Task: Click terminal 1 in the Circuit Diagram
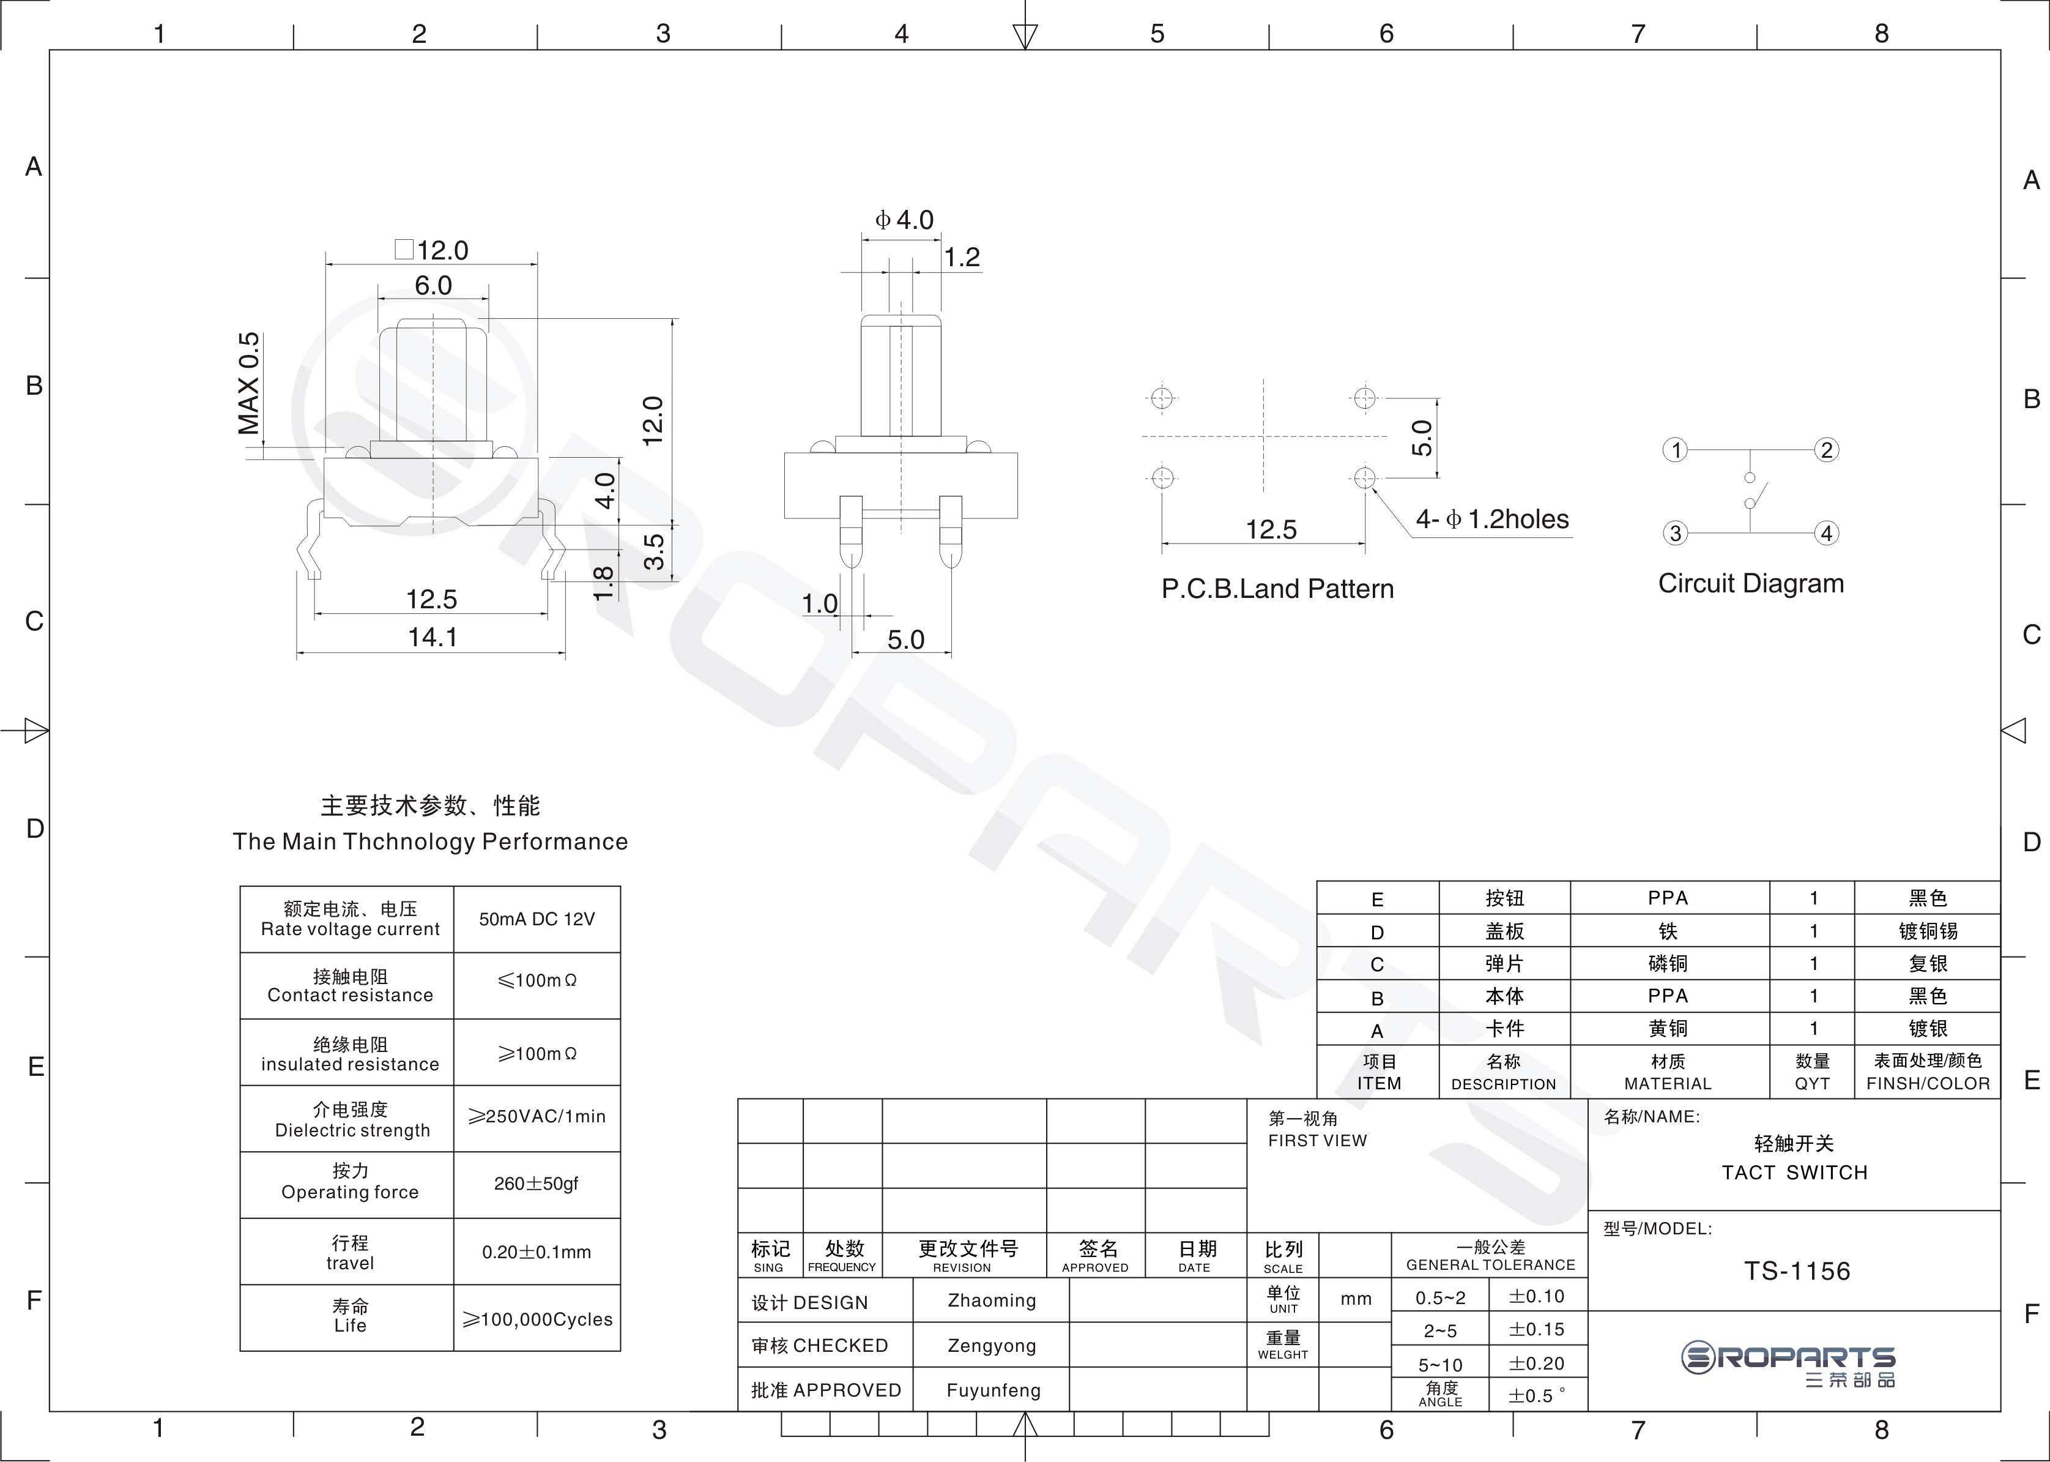(1675, 450)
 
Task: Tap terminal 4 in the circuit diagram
(1826, 533)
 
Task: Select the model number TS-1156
(1797, 1271)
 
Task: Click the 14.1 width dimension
(433, 638)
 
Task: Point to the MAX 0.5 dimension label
(248, 384)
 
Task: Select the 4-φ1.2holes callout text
(1492, 520)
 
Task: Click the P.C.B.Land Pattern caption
(1277, 589)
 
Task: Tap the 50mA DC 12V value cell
(537, 919)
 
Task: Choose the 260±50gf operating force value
(537, 1184)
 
